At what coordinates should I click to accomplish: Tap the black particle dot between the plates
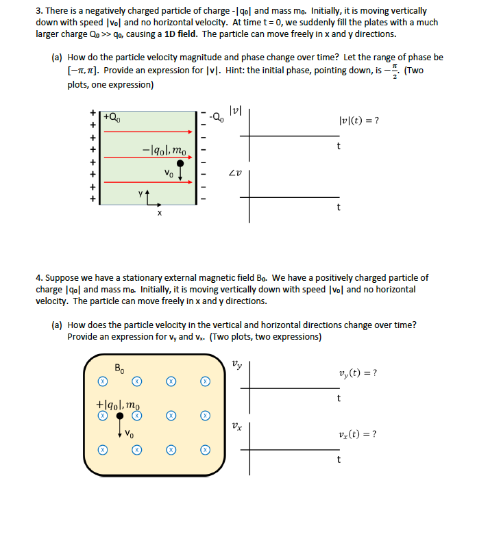click(x=180, y=164)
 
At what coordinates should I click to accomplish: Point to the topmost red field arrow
click(x=147, y=131)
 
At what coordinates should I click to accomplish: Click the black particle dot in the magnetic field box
click(x=120, y=416)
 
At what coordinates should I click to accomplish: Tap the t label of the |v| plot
click(x=338, y=146)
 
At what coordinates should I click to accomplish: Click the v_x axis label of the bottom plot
click(x=236, y=425)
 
